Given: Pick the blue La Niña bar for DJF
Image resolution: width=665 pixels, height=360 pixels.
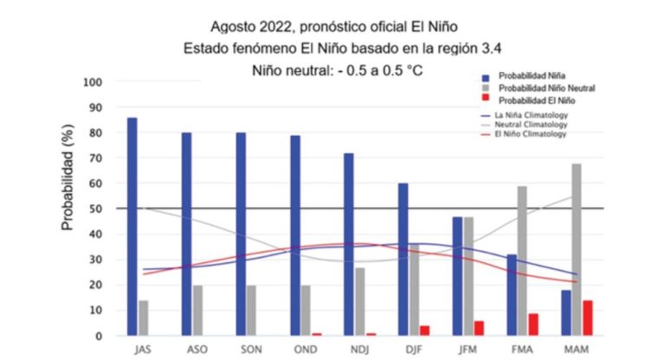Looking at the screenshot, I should (403, 260).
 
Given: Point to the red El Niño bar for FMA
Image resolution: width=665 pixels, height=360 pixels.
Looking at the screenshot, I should (533, 325).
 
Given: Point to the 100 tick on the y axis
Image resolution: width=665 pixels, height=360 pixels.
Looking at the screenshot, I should (93, 82).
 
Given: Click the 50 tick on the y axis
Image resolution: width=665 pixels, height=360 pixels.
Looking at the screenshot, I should (96, 209).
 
